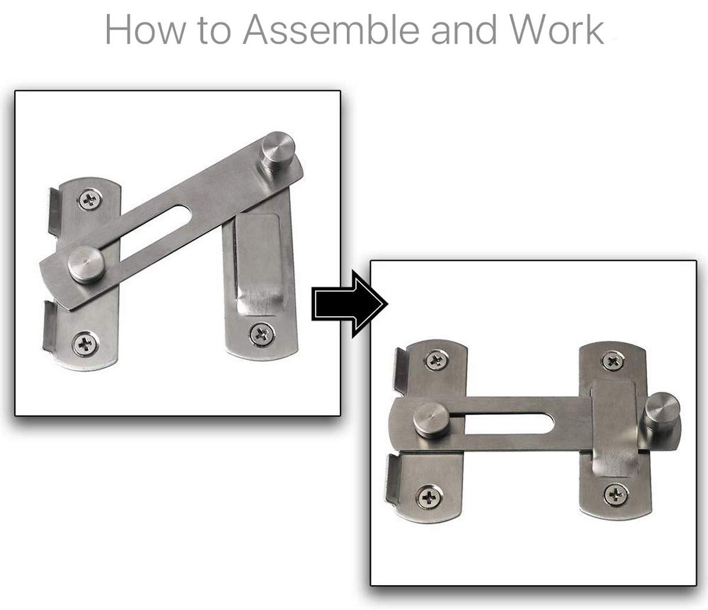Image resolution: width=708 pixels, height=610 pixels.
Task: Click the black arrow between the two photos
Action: coord(349,304)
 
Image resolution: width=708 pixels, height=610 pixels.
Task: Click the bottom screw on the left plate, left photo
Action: coord(85,342)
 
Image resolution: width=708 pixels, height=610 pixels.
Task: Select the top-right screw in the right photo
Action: coord(609,359)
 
